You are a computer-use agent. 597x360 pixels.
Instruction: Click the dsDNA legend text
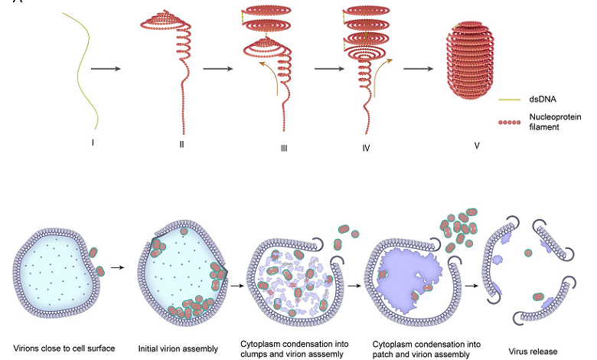543,99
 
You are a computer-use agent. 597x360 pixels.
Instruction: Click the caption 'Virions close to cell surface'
64,349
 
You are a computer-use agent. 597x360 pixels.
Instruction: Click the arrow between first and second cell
118,268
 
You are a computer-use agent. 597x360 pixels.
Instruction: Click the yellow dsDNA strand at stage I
81,69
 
